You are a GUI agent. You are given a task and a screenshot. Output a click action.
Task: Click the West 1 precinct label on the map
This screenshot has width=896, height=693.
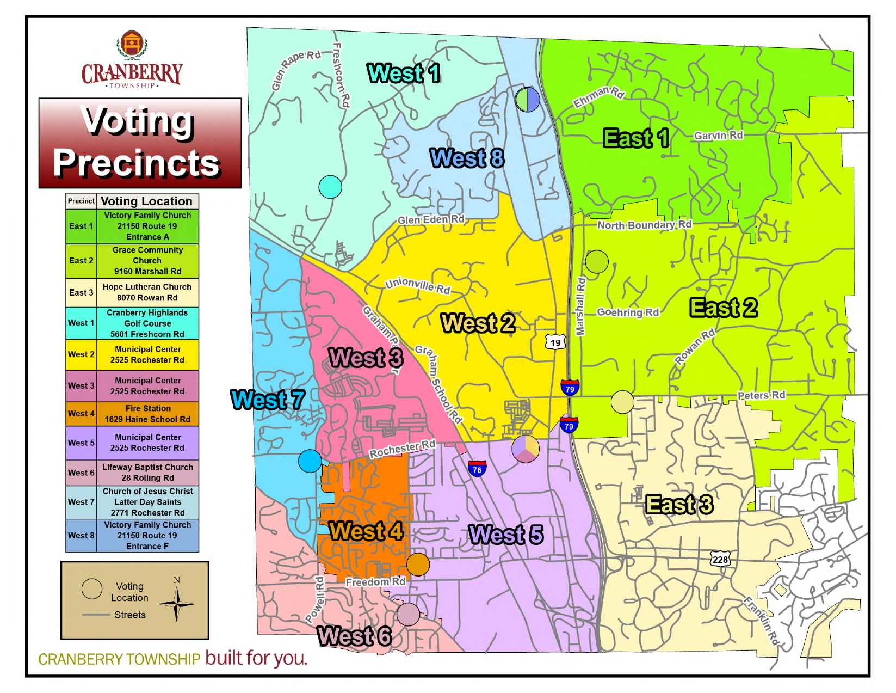pos(404,73)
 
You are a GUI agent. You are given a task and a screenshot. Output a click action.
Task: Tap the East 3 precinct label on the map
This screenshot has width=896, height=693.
pos(679,505)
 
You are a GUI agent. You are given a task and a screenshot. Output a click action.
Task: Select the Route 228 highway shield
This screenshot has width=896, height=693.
pos(720,559)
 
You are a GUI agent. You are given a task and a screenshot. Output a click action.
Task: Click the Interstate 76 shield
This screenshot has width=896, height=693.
pos(477,469)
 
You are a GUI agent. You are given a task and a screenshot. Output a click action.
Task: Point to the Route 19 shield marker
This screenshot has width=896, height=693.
pos(555,342)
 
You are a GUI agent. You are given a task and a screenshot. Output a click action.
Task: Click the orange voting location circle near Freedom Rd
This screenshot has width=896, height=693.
pos(418,564)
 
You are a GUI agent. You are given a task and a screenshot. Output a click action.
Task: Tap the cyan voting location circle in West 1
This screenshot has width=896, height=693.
pos(330,187)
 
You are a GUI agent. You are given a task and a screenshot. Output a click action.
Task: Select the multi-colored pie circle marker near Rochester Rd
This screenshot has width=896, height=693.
pos(526,449)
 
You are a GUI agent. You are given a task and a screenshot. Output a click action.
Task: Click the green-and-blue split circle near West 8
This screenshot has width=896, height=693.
pos(528,100)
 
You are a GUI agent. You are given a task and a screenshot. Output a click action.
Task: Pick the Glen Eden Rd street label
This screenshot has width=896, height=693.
pos(431,219)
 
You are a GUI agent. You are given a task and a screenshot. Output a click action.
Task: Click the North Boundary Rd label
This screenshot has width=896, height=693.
pos(644,225)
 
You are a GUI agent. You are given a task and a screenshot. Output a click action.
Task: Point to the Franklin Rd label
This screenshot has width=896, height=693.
pos(761,621)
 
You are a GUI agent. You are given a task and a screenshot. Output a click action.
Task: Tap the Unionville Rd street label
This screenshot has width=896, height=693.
pos(418,285)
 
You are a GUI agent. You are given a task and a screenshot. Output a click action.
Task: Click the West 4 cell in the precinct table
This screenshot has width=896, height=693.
pos(81,414)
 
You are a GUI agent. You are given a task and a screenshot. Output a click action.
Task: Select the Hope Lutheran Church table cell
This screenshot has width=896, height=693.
pos(147,292)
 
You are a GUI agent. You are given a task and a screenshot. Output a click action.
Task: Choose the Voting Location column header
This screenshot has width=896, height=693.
pos(147,201)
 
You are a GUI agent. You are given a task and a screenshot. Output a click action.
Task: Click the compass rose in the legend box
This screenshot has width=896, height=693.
pos(177,604)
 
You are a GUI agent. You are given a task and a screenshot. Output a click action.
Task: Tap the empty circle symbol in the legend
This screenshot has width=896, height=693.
pos(92,588)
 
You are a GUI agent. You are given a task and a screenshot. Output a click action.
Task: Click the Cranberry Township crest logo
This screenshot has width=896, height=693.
pos(132,45)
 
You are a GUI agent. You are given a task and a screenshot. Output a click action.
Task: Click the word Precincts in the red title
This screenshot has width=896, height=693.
pos(137,163)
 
